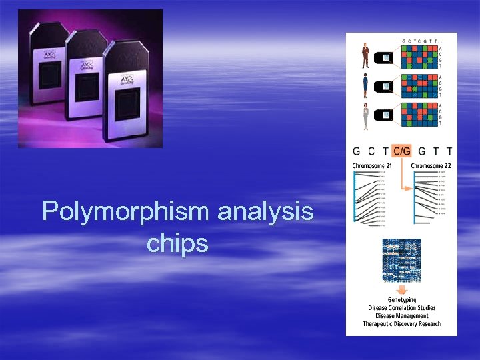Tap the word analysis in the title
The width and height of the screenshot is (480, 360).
click(x=265, y=212)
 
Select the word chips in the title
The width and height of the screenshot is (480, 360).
click(x=177, y=244)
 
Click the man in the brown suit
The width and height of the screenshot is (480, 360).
click(x=366, y=57)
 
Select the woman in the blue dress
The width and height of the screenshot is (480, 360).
click(x=366, y=87)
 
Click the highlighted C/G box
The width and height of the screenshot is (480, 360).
click(x=402, y=151)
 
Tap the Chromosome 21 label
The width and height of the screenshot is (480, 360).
click(x=372, y=165)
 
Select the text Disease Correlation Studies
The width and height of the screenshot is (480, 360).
click(x=401, y=308)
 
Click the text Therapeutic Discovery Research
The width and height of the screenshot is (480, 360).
click(x=401, y=324)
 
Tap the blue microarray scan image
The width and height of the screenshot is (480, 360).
click(x=402, y=259)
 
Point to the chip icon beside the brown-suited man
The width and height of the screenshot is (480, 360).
click(x=385, y=57)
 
